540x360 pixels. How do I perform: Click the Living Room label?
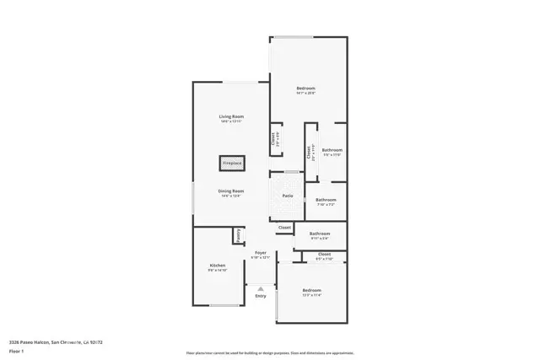[231, 117]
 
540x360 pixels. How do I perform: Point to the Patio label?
[288, 196]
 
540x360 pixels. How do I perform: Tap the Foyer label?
[261, 253]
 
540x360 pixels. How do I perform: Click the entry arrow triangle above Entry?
[261, 286]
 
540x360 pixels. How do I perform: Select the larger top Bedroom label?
[305, 89]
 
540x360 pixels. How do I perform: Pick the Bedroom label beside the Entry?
[312, 291]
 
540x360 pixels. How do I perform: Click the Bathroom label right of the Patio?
[326, 200]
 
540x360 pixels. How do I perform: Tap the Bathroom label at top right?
[332, 150]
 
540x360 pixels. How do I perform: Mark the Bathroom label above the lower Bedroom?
[319, 234]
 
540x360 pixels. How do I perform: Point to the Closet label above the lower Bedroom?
[324, 254]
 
